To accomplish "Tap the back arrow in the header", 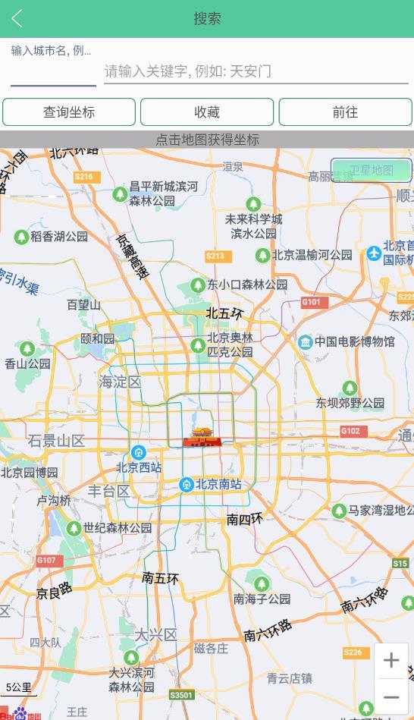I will click(x=17, y=19).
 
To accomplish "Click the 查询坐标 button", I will click(x=69, y=112).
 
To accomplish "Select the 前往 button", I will click(x=345, y=112).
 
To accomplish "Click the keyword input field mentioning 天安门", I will click(x=256, y=71).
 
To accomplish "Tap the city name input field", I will click(x=53, y=71).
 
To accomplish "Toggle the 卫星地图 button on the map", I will click(x=371, y=171).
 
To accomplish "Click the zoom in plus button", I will click(x=391, y=661).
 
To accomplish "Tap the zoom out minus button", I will click(x=391, y=697).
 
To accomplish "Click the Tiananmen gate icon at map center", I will click(x=202, y=437).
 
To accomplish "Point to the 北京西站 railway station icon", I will click(x=138, y=453).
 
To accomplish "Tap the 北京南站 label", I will click(x=218, y=485).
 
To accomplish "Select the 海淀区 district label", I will click(x=120, y=382).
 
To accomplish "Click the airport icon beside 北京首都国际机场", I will click(x=374, y=253).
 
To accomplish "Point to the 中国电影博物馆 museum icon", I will click(x=306, y=342).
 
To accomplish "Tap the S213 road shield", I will click(x=215, y=256).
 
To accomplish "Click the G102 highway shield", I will click(x=350, y=431).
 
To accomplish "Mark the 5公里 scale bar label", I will click(x=19, y=687).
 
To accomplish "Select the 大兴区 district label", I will click(x=155, y=635).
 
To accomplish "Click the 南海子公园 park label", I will click(x=262, y=599).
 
